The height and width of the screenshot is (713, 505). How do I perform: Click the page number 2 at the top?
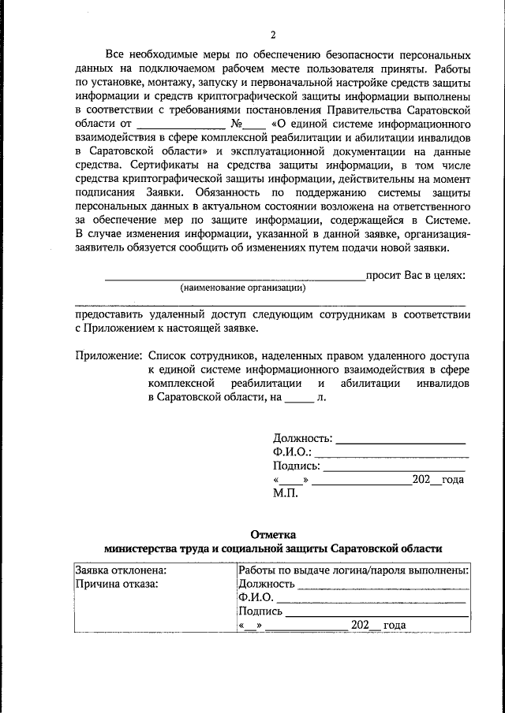click(273, 35)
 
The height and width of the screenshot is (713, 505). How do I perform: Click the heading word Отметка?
click(273, 533)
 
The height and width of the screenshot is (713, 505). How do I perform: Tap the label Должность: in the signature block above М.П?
click(303, 438)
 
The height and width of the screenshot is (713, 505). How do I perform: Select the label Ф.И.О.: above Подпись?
click(293, 452)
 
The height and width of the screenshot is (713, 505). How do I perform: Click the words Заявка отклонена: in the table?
click(121, 570)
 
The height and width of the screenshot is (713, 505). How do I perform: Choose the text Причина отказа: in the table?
click(117, 584)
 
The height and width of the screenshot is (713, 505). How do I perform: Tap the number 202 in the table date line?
click(361, 626)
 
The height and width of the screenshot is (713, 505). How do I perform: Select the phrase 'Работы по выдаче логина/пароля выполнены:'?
click(353, 570)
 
